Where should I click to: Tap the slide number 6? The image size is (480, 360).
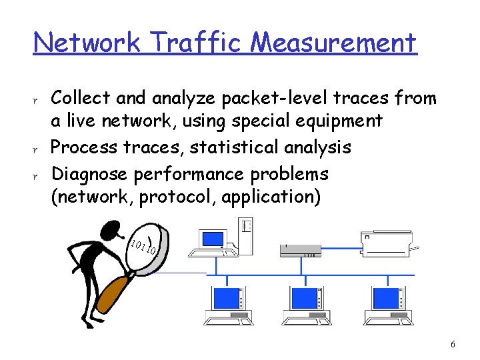(x=453, y=345)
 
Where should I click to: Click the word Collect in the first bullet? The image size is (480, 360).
(x=81, y=99)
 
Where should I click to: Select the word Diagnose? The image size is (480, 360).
(x=90, y=174)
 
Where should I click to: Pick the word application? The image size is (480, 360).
(x=283, y=197)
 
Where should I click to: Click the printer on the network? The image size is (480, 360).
(x=386, y=245)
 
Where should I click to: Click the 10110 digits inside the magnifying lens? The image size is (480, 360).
(x=144, y=247)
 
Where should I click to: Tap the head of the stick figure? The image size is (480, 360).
(x=109, y=231)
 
